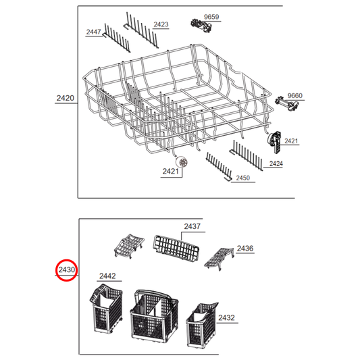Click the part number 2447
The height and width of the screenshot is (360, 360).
pyautogui.click(x=94, y=32)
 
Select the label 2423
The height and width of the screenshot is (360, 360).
pyautogui.click(x=161, y=24)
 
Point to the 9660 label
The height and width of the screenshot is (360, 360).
pyautogui.click(x=295, y=95)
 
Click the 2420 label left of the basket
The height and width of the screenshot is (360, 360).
pyautogui.click(x=65, y=99)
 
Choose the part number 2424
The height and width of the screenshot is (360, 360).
pyautogui.click(x=275, y=163)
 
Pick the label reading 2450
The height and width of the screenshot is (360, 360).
pyautogui.click(x=243, y=178)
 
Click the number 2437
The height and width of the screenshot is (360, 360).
pyautogui.click(x=192, y=227)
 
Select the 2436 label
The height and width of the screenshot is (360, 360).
pyautogui.click(x=245, y=249)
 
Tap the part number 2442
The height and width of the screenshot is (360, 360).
pyautogui.click(x=107, y=276)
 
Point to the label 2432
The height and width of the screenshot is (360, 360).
pyautogui.click(x=226, y=317)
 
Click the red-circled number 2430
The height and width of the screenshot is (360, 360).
pyautogui.click(x=67, y=270)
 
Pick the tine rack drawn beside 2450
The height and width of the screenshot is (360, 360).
pyautogui.click(x=218, y=165)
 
